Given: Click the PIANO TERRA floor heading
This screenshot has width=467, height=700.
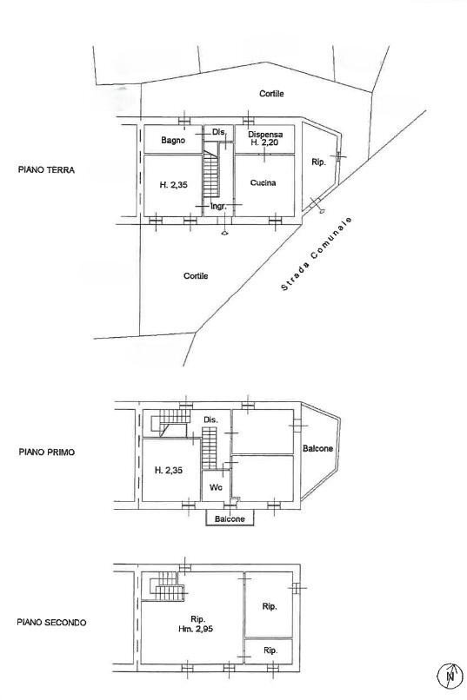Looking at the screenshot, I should [x=46, y=170].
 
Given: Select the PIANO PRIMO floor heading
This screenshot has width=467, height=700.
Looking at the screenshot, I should [x=46, y=452].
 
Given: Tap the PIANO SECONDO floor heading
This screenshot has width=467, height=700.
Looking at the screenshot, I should [x=50, y=622].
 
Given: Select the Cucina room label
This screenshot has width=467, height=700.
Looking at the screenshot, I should [x=263, y=182].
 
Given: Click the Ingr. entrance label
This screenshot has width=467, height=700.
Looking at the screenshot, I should [x=218, y=207].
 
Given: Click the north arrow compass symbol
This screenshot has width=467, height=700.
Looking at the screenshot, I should [x=450, y=674].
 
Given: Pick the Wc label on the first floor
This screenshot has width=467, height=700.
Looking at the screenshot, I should [x=216, y=487].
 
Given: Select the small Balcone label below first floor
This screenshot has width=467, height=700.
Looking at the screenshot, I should [x=230, y=518].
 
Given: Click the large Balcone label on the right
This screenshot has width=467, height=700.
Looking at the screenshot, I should [x=317, y=449].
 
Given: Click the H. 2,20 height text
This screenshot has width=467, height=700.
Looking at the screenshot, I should [x=264, y=142].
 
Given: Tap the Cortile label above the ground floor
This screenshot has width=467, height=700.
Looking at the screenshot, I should [x=271, y=94].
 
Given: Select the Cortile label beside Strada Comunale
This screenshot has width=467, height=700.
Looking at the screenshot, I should [x=196, y=275].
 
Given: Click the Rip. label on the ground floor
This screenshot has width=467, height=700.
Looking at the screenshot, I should [x=318, y=162].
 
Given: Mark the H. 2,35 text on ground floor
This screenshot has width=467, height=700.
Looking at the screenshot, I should [x=173, y=185].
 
